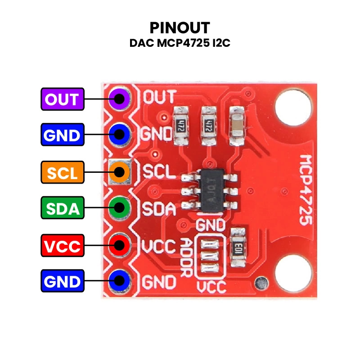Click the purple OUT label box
pyautogui.click(x=63, y=99)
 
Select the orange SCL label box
pyautogui.click(x=63, y=172)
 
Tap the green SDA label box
pyautogui.click(x=63, y=208)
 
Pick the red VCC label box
pyautogui.click(x=63, y=245)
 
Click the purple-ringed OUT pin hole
pyautogui.click(x=119, y=99)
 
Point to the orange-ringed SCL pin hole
pyautogui.click(x=119, y=172)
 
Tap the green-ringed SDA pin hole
pyautogui.click(x=119, y=207)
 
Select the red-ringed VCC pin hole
pyautogui.click(x=119, y=245)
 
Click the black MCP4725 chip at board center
pyautogui.click(x=211, y=190)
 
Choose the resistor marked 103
pyautogui.click(x=238, y=247)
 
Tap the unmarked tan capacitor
pyautogui.click(x=237, y=126)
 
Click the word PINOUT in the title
pyautogui.click(x=180, y=28)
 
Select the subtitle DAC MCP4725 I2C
pyautogui.click(x=180, y=43)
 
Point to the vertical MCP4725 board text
pyautogui.click(x=306, y=189)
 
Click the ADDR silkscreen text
pyautogui.click(x=185, y=257)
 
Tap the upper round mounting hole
pyautogui.click(x=293, y=108)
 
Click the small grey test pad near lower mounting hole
pyautogui.click(x=261, y=283)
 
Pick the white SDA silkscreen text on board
pyautogui.click(x=159, y=209)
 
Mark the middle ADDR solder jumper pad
pyautogui.click(x=210, y=256)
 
